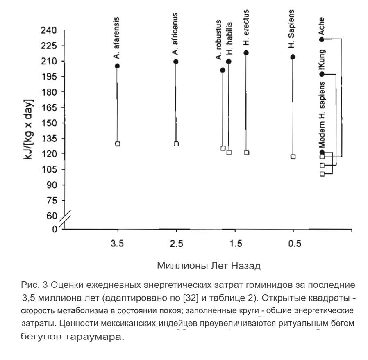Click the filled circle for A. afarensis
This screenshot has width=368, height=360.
[117, 66]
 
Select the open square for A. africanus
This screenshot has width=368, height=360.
[176, 144]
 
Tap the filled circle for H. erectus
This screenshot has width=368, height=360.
[246, 52]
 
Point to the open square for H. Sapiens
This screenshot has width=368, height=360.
[293, 157]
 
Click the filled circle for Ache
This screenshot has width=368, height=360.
[322, 39]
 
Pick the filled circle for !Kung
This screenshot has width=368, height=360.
[322, 74]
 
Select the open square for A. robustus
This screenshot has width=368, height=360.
[223, 148]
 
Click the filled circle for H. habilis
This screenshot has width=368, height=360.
[229, 62]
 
